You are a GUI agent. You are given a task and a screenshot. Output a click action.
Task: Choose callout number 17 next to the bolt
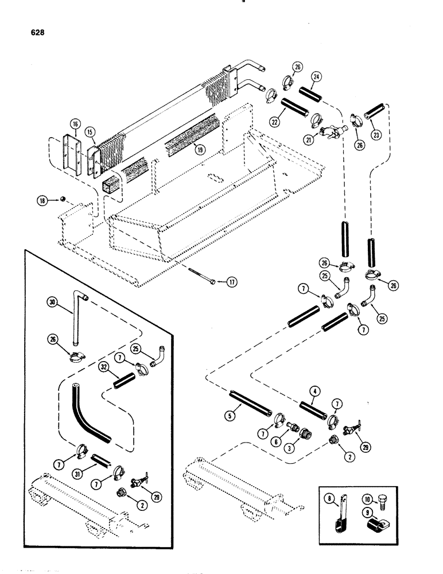(x=230, y=282)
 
